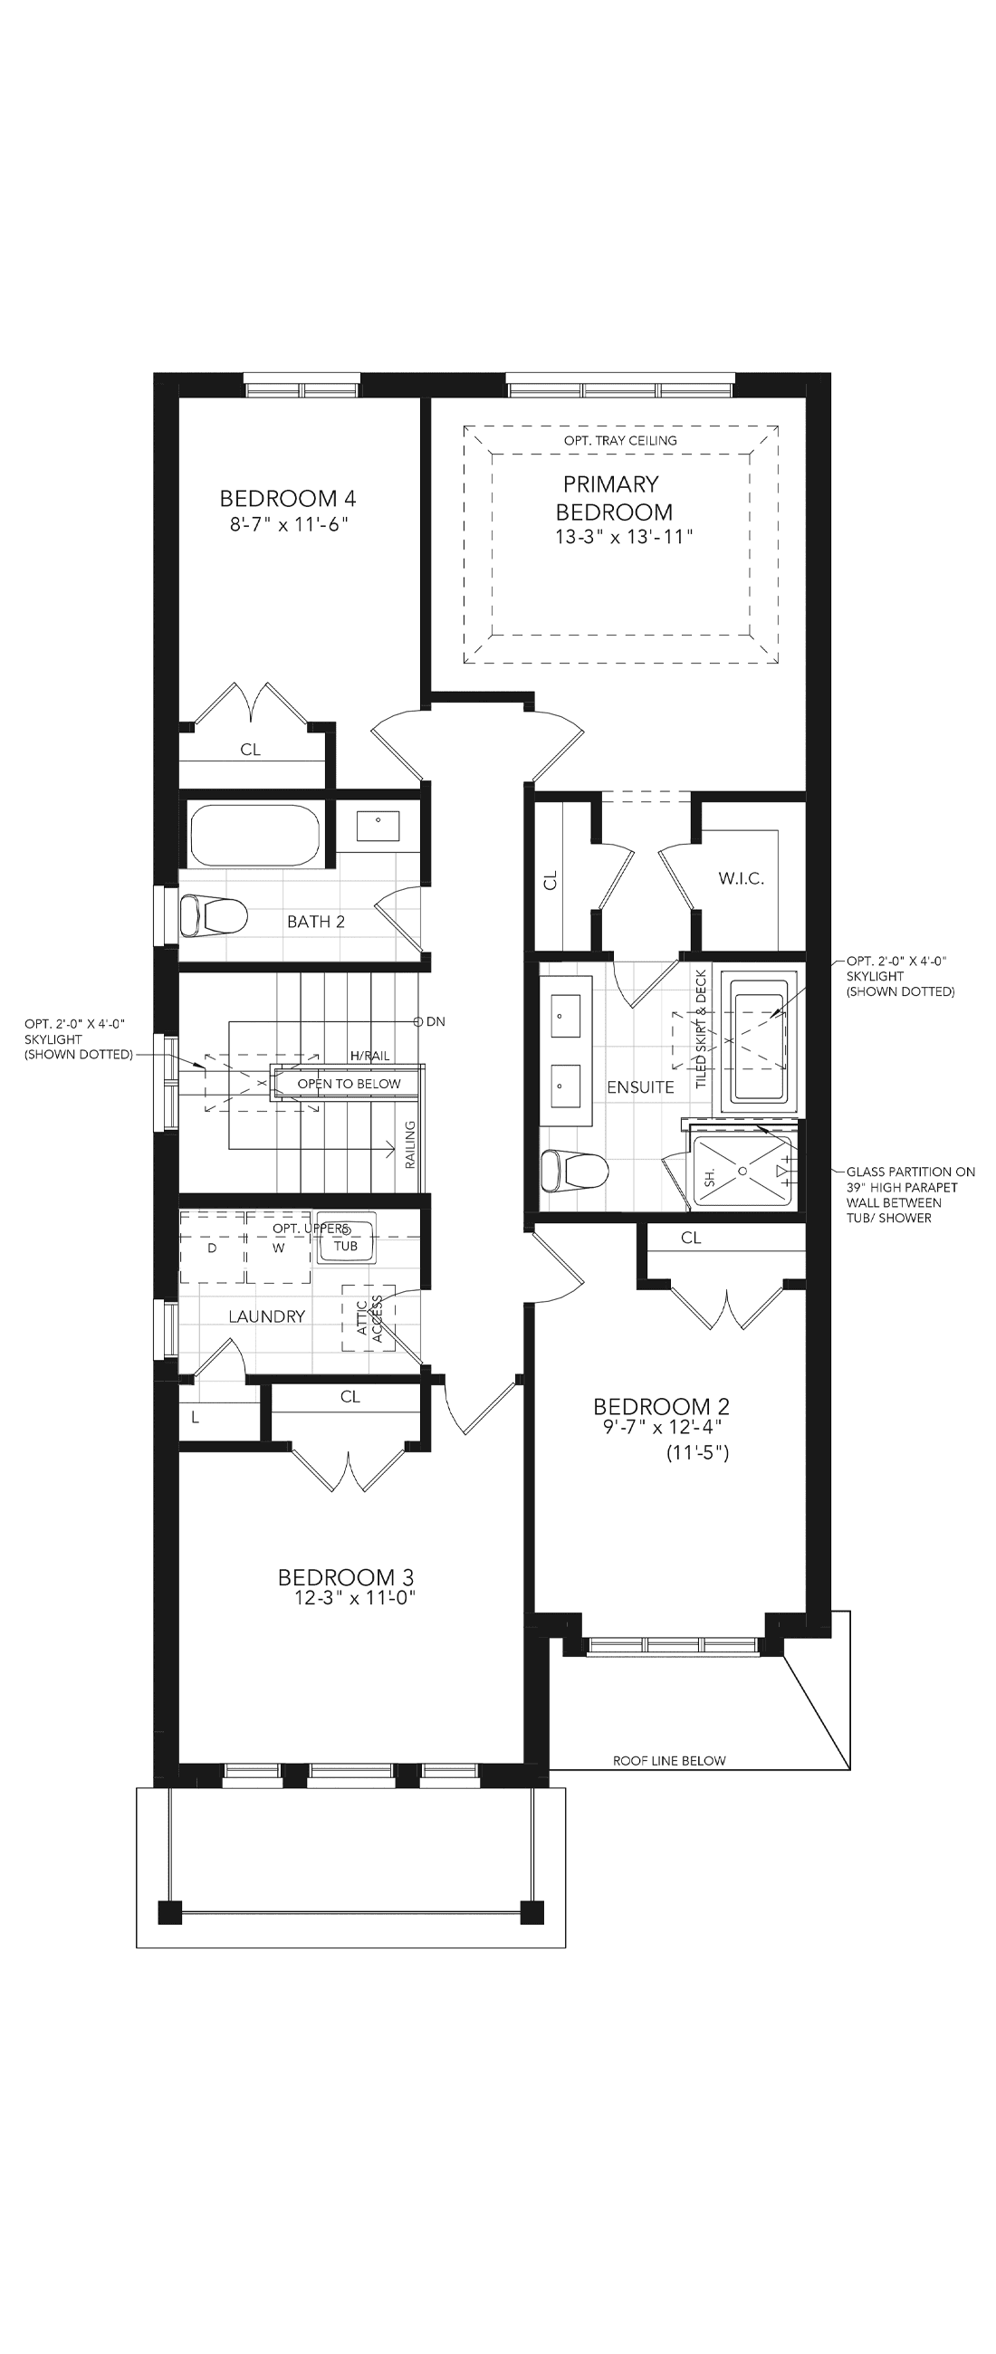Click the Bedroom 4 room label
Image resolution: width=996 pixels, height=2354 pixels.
[x=288, y=498]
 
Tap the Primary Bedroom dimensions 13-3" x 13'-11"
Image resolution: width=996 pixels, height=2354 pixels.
[x=624, y=537]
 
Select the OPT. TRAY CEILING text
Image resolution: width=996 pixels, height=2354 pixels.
[x=620, y=440]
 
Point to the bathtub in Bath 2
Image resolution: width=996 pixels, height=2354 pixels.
[x=255, y=835]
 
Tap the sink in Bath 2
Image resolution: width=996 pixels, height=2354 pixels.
[x=378, y=826]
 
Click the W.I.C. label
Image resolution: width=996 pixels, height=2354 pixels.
[x=741, y=878]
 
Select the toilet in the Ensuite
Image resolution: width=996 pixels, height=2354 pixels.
[x=575, y=1172]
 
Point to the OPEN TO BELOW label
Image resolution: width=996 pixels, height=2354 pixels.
[x=350, y=1084]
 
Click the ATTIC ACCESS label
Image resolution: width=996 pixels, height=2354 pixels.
[x=370, y=1317]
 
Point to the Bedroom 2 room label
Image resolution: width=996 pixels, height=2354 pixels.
[x=662, y=1406]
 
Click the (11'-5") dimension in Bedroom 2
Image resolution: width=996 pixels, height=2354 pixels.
[x=698, y=1453]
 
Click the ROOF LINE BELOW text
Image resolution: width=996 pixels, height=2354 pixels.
[x=669, y=1761]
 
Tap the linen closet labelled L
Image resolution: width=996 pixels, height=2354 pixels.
[x=196, y=1418]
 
